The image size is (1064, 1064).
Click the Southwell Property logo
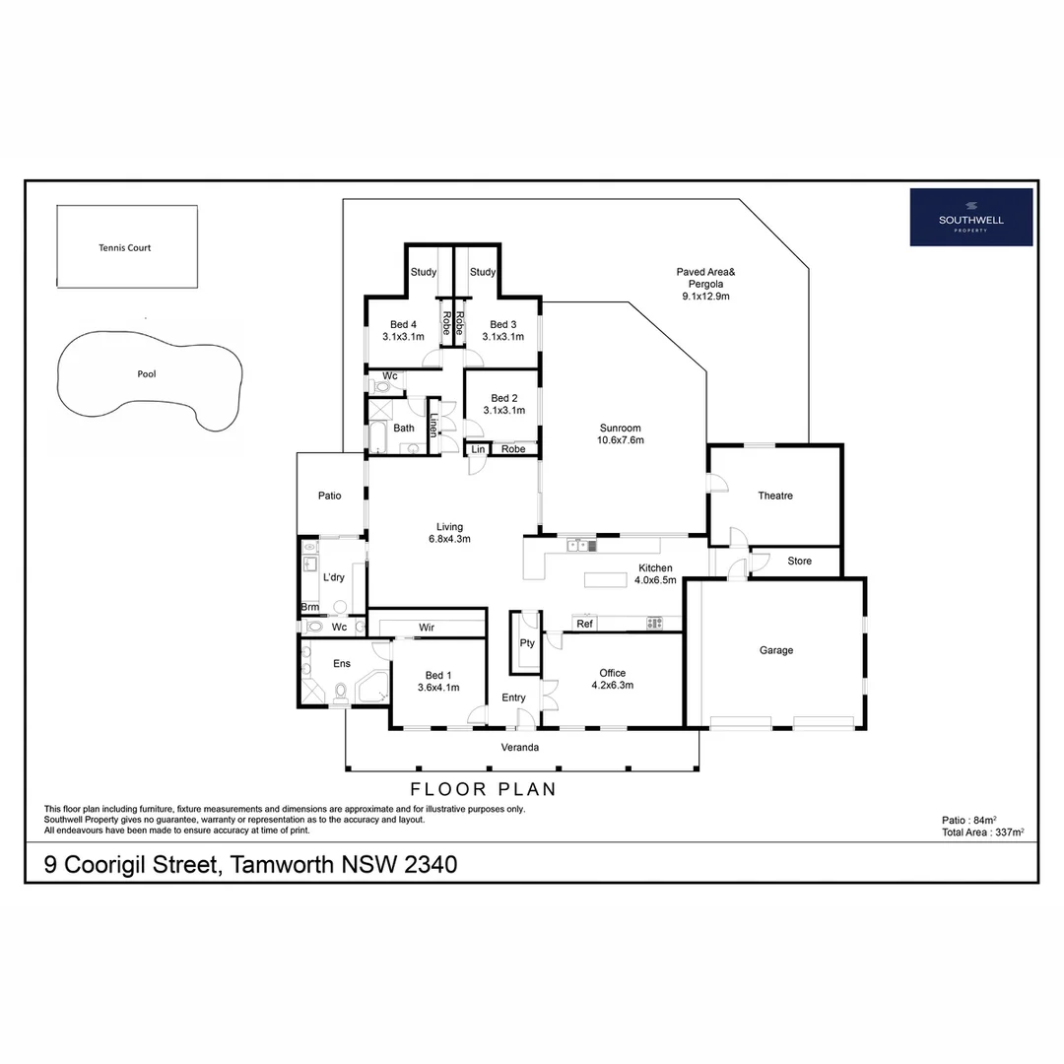point(970,217)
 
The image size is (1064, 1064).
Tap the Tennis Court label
point(125,248)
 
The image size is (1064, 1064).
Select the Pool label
point(147,374)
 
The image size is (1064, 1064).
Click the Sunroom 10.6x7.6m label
point(620,434)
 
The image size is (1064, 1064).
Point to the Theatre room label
point(775,496)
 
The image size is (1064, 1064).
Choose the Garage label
point(775,650)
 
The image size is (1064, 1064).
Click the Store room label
point(800,562)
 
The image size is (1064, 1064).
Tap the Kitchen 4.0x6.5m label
point(655,574)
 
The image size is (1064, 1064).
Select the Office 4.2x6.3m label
point(612,679)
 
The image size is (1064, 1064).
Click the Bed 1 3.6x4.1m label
point(438,681)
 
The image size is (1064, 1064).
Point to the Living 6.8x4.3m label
point(449,533)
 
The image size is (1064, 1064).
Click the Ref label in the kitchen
point(584,624)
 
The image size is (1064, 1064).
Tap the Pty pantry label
point(527,643)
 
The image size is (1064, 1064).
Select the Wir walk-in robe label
point(427,627)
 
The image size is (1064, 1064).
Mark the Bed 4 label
point(403,330)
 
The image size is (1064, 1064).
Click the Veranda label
point(520,748)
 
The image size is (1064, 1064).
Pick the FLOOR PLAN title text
point(483,789)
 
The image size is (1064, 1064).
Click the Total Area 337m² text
point(982,832)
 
